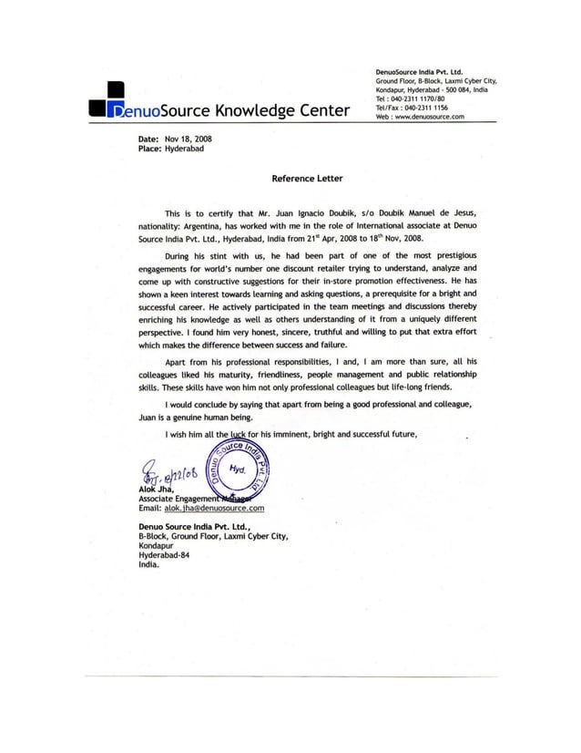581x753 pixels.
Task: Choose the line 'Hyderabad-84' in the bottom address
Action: [x=157, y=554]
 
